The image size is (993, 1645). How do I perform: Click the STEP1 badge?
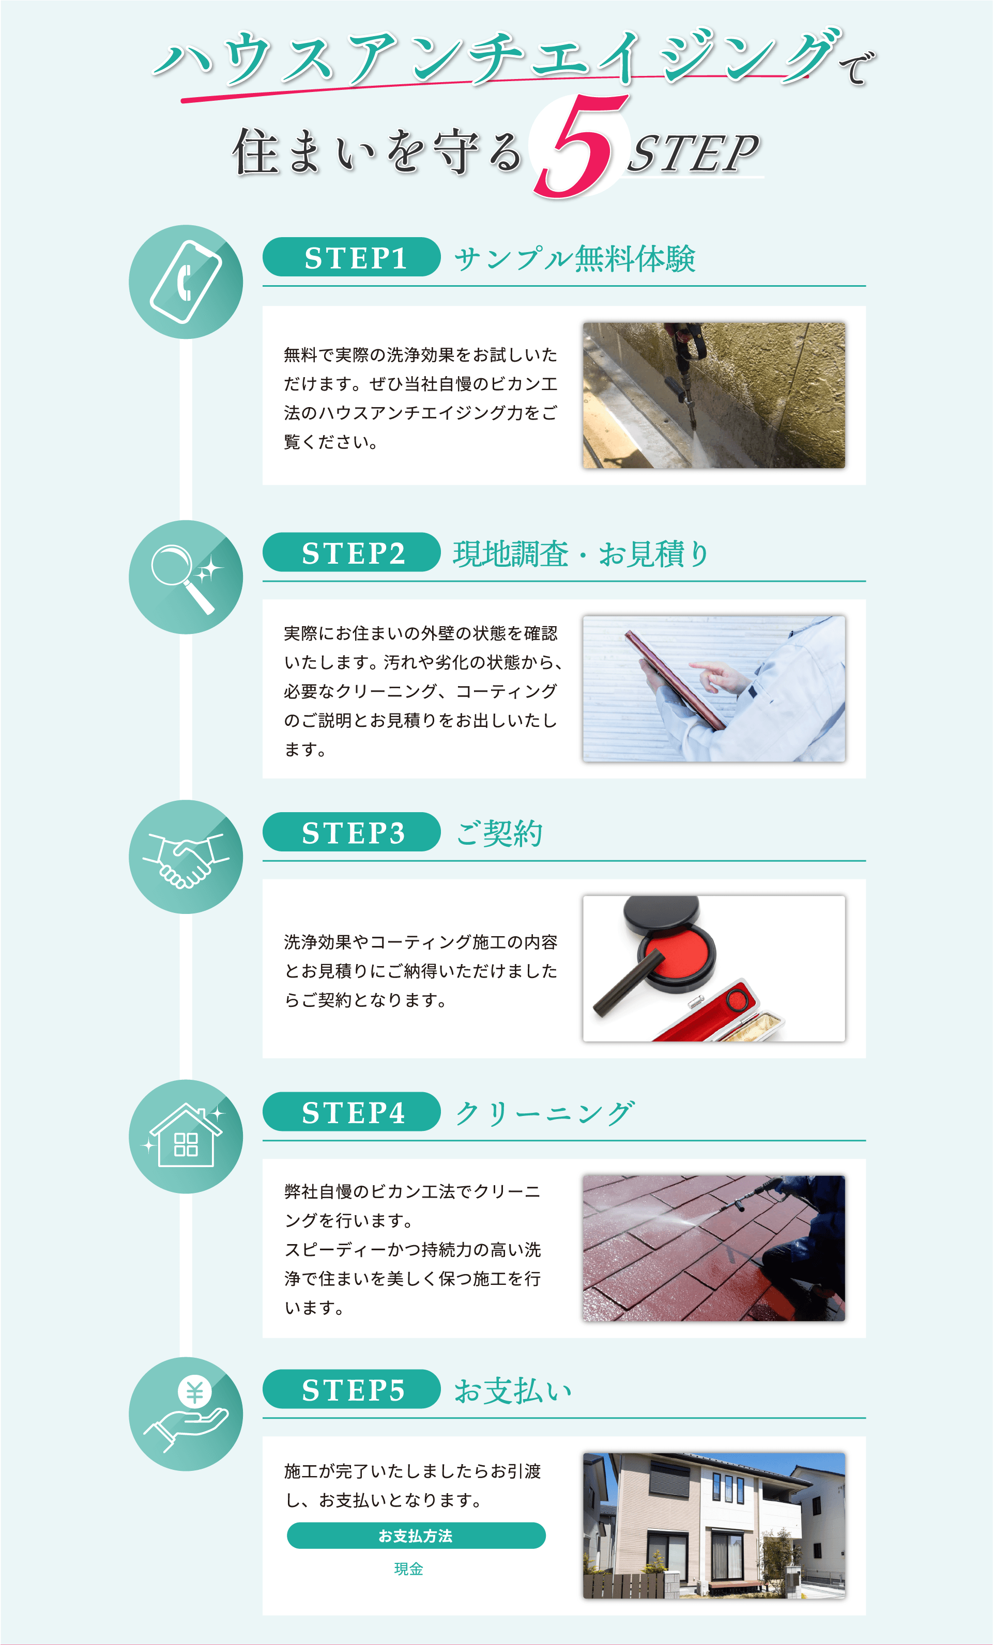tap(352, 257)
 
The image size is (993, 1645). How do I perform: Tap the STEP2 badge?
tap(352, 552)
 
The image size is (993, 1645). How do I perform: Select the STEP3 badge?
tap(352, 832)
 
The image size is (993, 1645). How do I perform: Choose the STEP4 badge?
tap(352, 1112)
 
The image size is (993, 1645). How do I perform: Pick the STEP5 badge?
tap(352, 1389)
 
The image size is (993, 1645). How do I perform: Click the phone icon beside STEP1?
tap(186, 282)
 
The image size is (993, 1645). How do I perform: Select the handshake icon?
tap(186, 860)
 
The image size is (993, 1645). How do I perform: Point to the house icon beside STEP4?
tap(185, 1136)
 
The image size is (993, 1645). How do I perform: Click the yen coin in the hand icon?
tap(194, 1392)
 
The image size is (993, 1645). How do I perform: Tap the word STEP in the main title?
tap(693, 153)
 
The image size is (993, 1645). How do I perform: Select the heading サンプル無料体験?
tap(575, 258)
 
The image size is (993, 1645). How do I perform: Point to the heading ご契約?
tap(499, 833)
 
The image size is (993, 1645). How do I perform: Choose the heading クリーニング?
tap(544, 1113)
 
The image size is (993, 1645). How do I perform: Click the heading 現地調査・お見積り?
tap(581, 553)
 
